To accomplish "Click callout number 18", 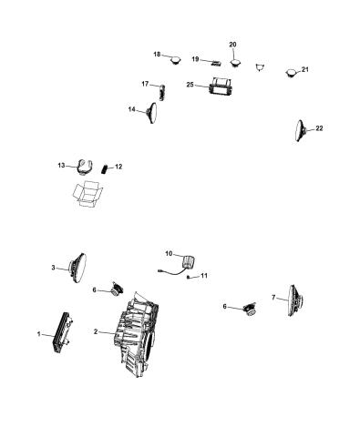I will pos(157,55).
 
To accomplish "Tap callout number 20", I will pos(231,45).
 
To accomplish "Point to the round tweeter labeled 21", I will pos(293,73).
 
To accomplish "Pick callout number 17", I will pos(146,84).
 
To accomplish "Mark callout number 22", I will pos(320,129).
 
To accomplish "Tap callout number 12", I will pos(118,168).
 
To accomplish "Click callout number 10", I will pos(168,253).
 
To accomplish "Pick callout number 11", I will pos(205,275).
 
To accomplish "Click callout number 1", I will pos(39,336).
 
